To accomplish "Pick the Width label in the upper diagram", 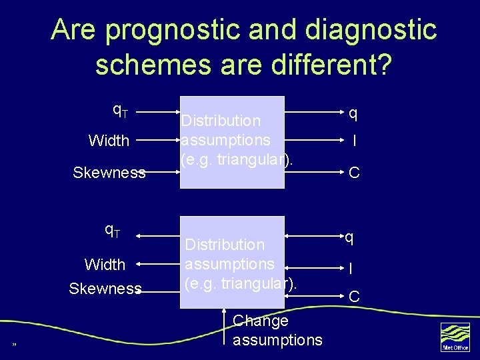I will (109, 141).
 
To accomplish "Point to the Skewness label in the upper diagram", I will (109, 173).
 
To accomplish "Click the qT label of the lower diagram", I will (112, 231).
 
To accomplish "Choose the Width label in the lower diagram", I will (105, 265).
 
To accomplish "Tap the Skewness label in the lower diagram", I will (105, 289).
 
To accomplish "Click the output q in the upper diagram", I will (353, 114).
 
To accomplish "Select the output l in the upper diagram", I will (354, 141).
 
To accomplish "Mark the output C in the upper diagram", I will (354, 173).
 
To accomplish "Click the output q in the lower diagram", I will (349, 237).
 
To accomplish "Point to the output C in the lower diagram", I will (354, 295).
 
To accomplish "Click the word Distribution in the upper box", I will (221, 121).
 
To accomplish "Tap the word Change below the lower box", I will (260, 321).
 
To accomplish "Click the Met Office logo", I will (455, 337).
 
